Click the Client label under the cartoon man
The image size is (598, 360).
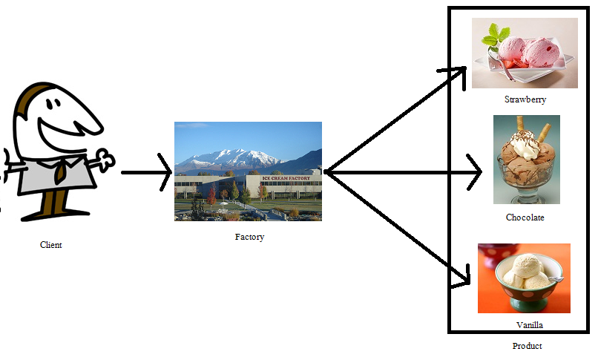(51, 245)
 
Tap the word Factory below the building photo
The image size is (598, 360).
(249, 238)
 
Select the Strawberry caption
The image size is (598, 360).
(525, 99)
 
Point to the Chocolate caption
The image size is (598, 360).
(525, 217)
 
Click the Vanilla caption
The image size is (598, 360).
(530, 325)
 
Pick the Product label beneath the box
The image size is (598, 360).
(527, 346)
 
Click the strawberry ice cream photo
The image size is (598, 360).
(525, 53)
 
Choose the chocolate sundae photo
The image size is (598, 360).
(526, 160)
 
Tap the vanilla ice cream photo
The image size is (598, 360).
(524, 278)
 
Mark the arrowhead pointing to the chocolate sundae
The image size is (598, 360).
(476, 173)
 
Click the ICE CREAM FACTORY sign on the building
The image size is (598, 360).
(286, 179)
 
